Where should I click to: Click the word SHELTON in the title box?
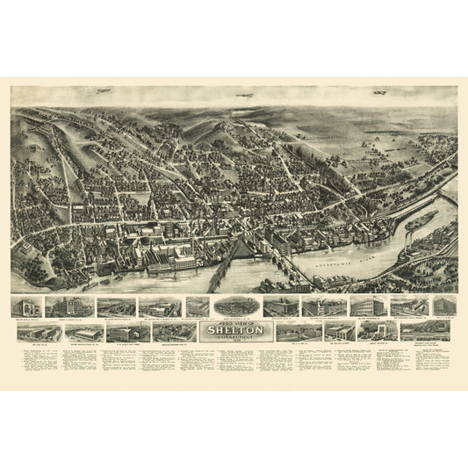pos(233,330)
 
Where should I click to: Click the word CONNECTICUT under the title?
pos(233,337)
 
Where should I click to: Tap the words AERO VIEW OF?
pos(233,322)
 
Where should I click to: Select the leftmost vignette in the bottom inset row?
pos(32,331)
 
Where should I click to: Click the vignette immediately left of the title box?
pos(174,332)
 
